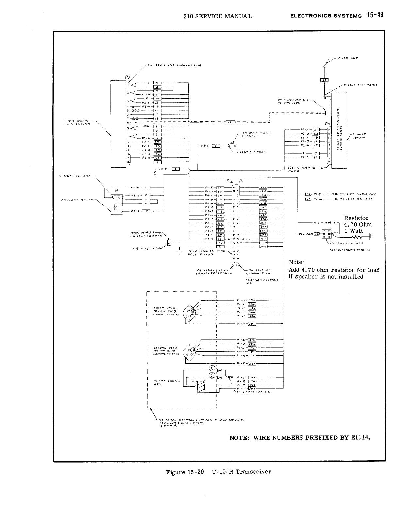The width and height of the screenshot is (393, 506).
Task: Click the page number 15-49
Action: [375, 15]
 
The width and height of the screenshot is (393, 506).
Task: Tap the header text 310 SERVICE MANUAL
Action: [218, 16]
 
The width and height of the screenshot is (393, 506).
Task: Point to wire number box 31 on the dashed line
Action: [230, 122]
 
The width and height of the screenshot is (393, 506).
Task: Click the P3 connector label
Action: [127, 77]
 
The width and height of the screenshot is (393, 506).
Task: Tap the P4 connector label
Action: [328, 124]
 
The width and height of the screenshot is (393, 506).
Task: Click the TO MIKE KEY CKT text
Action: [356, 199]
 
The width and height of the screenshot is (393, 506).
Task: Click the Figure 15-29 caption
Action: [218, 472]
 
